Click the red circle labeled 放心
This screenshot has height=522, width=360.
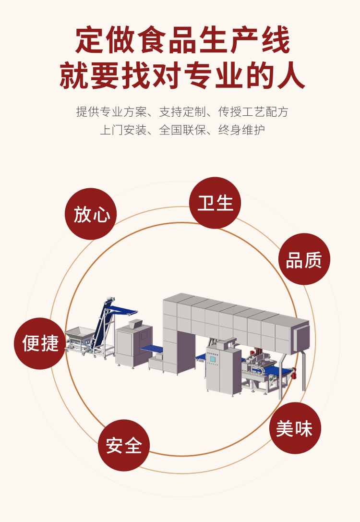91,214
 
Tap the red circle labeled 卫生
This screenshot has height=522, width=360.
215,203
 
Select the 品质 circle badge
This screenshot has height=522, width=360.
304,259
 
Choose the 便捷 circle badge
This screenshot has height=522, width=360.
40,343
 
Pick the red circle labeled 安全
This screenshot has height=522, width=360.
124,445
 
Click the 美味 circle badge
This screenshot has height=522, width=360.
295,428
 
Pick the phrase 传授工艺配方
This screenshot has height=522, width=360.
253,112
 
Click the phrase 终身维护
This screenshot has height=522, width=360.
241,130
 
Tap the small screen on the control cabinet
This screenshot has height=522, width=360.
212,358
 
